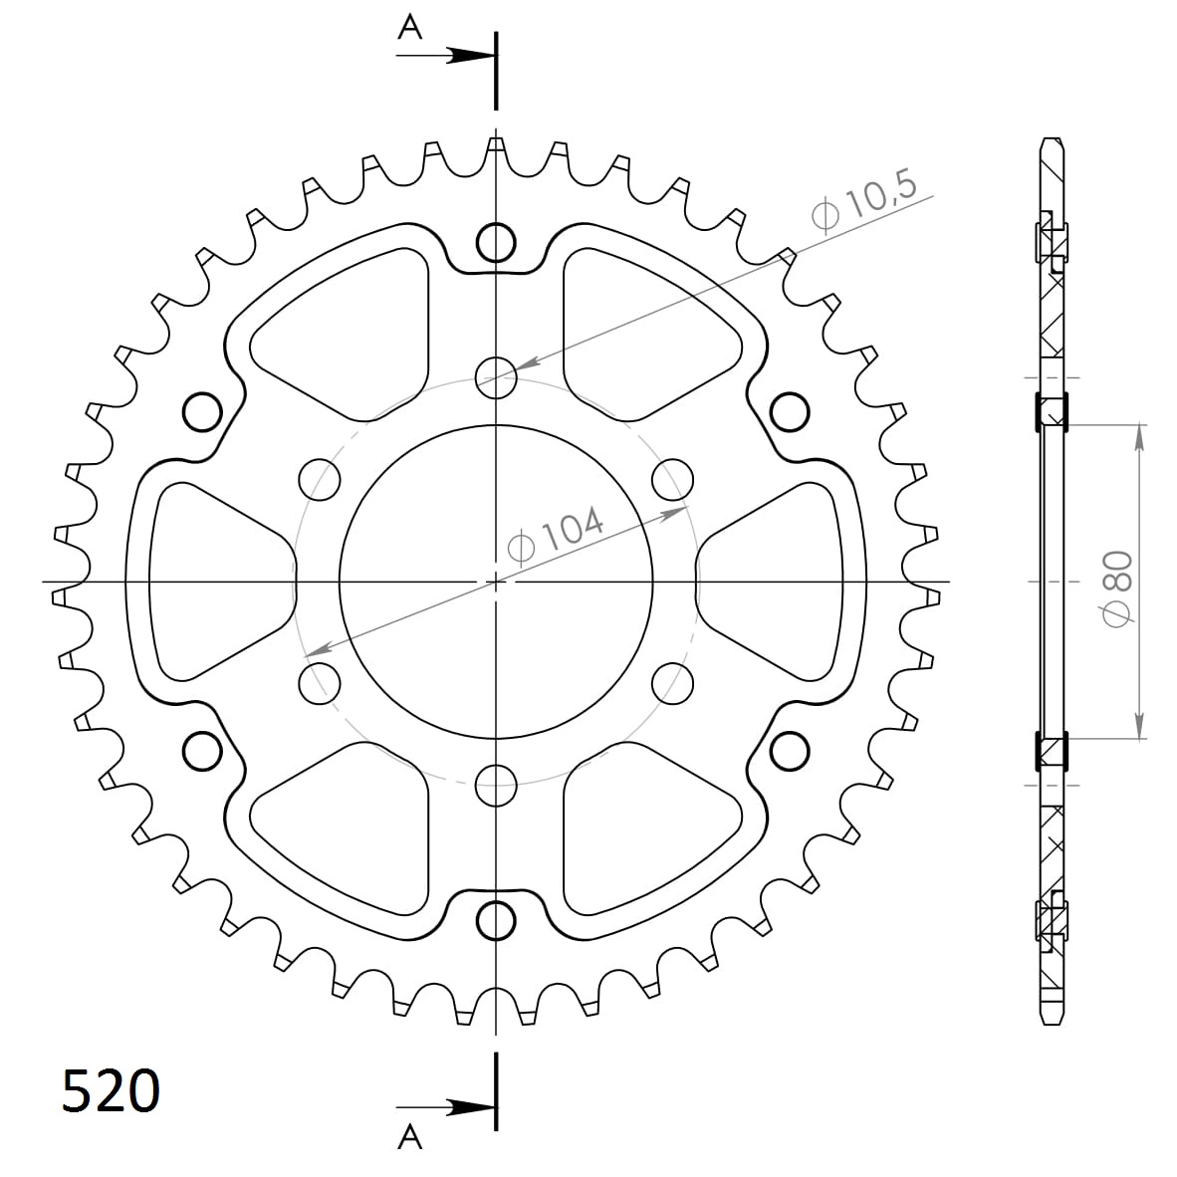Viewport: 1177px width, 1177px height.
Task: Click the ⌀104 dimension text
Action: pyautogui.click(x=556, y=535)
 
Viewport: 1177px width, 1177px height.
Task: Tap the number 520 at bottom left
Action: pyautogui.click(x=111, y=1090)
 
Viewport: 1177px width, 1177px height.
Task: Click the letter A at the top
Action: pyautogui.click(x=409, y=27)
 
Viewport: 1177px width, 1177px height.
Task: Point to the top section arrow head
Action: pyautogui.click(x=467, y=56)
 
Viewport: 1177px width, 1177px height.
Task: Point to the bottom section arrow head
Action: pyautogui.click(x=467, y=1107)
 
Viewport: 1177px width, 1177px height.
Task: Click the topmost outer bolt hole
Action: pyautogui.click(x=496, y=240)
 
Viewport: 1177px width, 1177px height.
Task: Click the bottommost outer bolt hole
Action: pyautogui.click(x=496, y=921)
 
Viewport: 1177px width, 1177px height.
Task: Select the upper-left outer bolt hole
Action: pyautogui.click(x=202, y=410)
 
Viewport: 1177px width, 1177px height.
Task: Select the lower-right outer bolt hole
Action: pyautogui.click(x=790, y=750)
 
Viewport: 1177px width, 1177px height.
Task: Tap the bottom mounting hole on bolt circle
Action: pyautogui.click(x=496, y=786)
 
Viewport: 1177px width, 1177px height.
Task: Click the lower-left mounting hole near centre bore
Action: pyautogui.click(x=320, y=682)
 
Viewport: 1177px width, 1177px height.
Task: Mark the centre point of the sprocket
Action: pyautogui.click(x=496, y=581)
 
